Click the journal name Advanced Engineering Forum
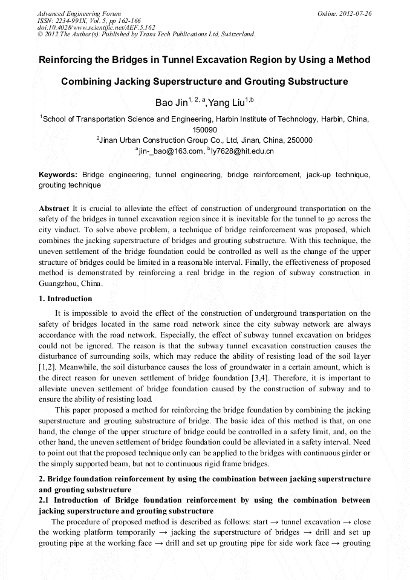pos(79,13)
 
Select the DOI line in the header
pos(96,27)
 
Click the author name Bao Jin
pos(171,103)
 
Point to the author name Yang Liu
pos(227,103)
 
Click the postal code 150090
pos(205,129)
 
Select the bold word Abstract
pos(54,209)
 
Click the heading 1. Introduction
pos(65,299)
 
